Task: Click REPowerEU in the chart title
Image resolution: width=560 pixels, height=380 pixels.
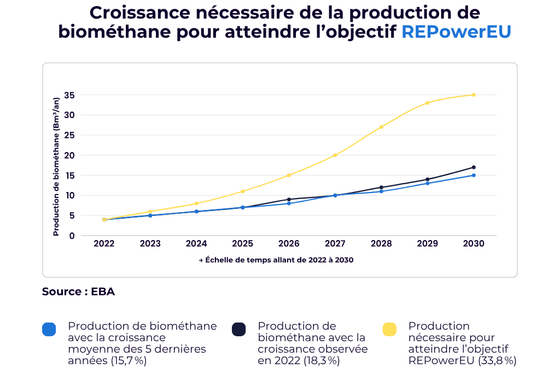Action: click(456, 32)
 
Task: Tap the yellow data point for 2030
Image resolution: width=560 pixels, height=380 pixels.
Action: click(474, 95)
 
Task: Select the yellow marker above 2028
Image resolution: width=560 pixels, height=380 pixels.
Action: click(381, 127)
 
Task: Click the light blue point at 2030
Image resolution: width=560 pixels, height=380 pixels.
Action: click(474, 175)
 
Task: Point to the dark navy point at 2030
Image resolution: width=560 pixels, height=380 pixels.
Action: click(474, 167)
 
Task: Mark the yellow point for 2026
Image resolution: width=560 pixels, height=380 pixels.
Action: click(289, 175)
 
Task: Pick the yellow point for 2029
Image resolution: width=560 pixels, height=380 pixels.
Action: click(428, 103)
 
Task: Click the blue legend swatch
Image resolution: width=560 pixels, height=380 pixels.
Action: click(49, 329)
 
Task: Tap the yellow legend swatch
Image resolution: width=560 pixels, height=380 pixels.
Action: click(389, 329)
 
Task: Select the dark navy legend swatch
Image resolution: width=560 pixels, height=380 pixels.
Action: click(238, 329)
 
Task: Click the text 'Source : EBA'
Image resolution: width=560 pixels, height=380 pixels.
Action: click(78, 292)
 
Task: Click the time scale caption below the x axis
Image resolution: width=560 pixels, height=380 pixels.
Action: click(276, 260)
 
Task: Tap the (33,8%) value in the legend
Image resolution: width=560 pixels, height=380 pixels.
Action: click(498, 361)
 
